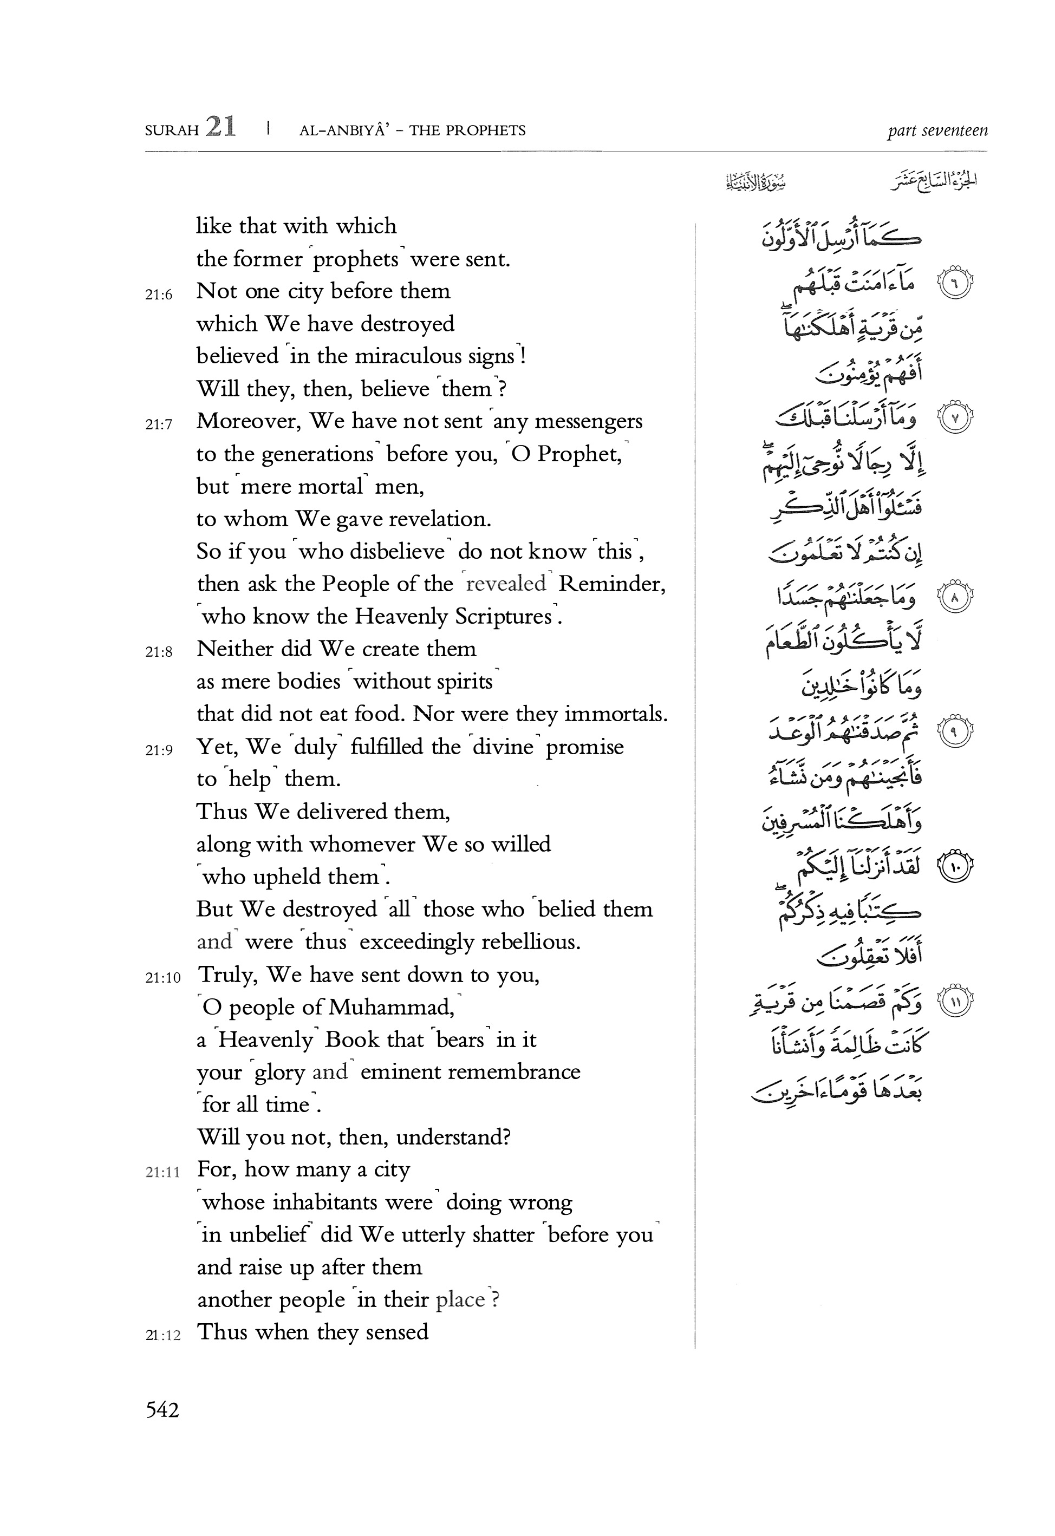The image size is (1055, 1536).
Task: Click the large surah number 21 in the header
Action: pyautogui.click(x=220, y=126)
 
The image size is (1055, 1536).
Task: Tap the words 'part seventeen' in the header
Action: pyautogui.click(x=937, y=130)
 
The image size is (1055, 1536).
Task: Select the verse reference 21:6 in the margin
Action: pyautogui.click(x=159, y=295)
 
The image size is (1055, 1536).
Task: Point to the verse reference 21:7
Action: pyautogui.click(x=159, y=424)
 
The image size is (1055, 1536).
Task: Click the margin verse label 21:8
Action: pyautogui.click(x=159, y=652)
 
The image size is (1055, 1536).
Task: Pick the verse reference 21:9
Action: pyautogui.click(x=159, y=749)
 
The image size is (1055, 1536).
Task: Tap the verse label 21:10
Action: pyautogui.click(x=162, y=977)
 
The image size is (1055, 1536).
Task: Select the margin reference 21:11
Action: pyautogui.click(x=162, y=1173)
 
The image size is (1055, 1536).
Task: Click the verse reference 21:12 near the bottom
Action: pyautogui.click(x=162, y=1335)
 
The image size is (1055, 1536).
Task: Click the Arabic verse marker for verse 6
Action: pyautogui.click(x=953, y=283)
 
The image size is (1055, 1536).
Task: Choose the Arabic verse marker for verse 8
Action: pyautogui.click(x=953, y=598)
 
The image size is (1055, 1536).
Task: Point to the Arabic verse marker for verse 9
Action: pyautogui.click(x=953, y=731)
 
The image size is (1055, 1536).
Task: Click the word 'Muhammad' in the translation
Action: pyautogui.click(x=392, y=1008)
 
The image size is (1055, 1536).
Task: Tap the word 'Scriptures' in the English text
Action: pyautogui.click(x=453, y=617)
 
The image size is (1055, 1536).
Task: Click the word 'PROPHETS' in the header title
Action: pyautogui.click(x=486, y=130)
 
